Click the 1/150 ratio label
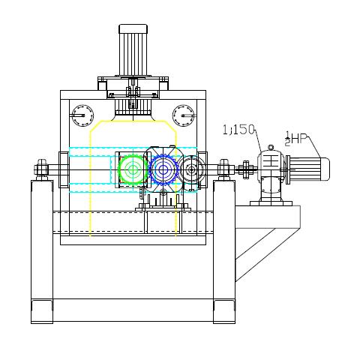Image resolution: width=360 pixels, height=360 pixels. tap(238, 130)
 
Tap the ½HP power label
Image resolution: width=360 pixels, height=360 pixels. tap(295, 139)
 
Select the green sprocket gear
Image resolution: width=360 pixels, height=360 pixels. tap(132, 169)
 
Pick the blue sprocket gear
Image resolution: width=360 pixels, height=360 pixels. tap(163, 169)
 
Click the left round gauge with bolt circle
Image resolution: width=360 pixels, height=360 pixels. tap(82, 115)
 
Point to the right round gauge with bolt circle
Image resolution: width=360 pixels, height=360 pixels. tap(184, 115)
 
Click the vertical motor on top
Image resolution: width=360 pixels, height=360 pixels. tap(133, 50)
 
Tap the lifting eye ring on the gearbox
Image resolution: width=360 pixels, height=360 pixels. tap(271, 148)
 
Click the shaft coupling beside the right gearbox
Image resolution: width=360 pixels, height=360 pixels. tap(246, 169)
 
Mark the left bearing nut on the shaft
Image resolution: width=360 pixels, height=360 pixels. tap(41, 169)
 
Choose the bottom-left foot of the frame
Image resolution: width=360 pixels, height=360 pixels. tap(42, 311)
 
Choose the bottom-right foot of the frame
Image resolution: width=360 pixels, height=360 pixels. tap(224, 311)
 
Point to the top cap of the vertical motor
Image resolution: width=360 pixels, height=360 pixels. tap(133, 28)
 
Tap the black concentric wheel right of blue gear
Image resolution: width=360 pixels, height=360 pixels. tap(192, 169)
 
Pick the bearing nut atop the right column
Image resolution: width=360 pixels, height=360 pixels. tap(224, 169)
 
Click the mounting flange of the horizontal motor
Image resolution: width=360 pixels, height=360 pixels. tap(287, 169)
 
